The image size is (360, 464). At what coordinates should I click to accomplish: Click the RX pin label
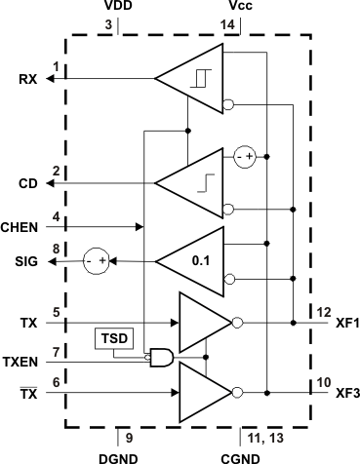[27, 80]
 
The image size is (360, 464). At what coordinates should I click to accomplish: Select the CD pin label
[27, 183]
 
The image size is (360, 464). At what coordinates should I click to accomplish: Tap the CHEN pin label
[21, 228]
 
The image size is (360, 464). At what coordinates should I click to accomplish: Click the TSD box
[109, 339]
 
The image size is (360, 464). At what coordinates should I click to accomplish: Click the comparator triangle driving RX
[195, 80]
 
